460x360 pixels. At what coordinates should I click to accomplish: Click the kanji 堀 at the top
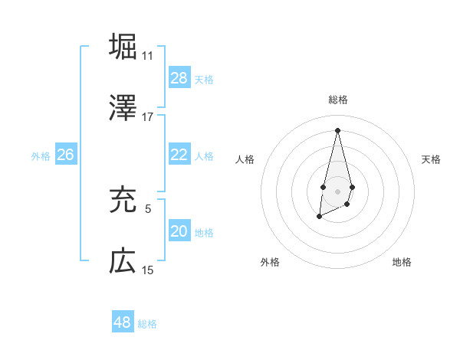pos(123,46)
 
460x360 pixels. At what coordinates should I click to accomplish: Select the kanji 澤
pos(123,108)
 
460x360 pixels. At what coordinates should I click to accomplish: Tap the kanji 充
pos(123,199)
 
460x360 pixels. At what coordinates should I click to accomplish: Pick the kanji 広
pos(123,261)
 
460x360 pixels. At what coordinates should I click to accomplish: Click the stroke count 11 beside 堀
pos(147,56)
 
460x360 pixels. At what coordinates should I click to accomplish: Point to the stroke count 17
pos(147,117)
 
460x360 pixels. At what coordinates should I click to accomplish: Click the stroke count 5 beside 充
pos(147,208)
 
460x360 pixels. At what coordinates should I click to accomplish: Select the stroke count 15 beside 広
pos(147,270)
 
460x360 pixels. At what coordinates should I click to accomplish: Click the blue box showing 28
pos(179,78)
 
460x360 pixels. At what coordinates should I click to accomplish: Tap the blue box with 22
pos(179,155)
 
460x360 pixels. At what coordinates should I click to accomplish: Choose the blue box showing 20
pos(179,231)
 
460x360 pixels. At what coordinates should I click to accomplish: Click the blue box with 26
pos(66,155)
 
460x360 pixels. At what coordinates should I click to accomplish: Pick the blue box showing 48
pos(123,322)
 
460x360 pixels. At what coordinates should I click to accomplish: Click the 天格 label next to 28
pos(204,79)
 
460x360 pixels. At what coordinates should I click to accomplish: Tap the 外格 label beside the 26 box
pos(41,155)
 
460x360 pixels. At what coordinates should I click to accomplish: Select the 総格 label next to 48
pos(147,324)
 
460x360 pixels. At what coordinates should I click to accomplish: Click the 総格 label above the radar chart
pos(337,100)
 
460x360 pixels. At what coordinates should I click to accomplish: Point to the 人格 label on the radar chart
pos(245,159)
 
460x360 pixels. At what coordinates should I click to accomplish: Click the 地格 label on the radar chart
pos(402,262)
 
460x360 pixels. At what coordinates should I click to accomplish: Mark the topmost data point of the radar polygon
pos(337,129)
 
